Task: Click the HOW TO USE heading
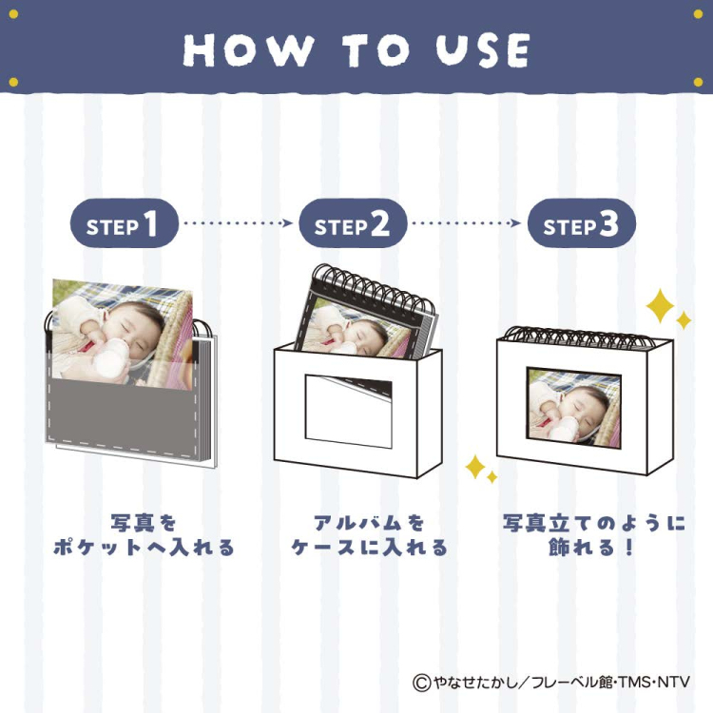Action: [x=356, y=49]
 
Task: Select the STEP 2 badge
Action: [x=353, y=224]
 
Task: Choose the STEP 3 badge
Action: [x=581, y=224]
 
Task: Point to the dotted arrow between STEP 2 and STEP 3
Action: [x=467, y=224]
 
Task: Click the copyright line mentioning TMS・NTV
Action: [x=551, y=682]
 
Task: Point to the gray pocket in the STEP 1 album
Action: [x=124, y=414]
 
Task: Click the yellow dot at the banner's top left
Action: [x=12, y=83]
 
